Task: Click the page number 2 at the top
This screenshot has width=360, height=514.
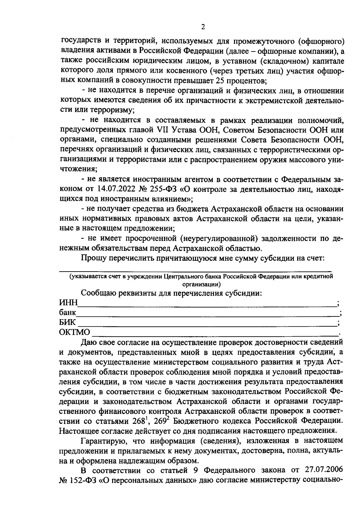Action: point(203,27)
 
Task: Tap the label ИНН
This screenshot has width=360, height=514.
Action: point(68,303)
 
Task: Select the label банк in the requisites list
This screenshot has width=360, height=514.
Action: point(67,313)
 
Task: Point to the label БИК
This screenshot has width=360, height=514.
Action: point(67,323)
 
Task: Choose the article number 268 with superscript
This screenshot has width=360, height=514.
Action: point(140,421)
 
